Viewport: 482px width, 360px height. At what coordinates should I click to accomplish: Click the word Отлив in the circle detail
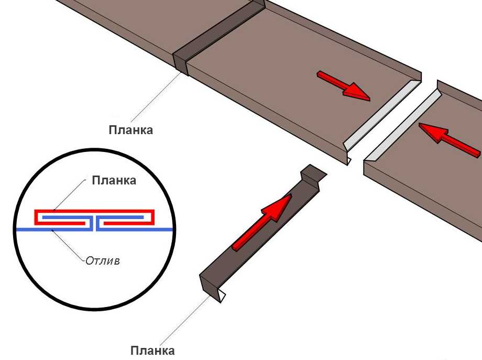point(102,261)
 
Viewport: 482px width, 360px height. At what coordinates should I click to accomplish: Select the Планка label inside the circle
point(114,180)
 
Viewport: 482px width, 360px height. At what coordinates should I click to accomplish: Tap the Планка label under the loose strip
point(152,351)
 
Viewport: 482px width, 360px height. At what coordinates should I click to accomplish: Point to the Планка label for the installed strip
point(130,130)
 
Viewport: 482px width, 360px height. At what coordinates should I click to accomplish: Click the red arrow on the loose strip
point(261,222)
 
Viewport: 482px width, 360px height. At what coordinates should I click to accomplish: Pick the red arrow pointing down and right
point(344,85)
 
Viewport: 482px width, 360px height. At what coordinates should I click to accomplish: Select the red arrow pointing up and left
point(449,140)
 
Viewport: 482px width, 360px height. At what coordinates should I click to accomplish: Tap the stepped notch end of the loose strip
point(313,176)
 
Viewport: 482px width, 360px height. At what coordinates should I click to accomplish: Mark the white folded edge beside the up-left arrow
point(403,126)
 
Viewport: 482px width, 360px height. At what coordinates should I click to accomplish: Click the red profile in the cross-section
point(94,212)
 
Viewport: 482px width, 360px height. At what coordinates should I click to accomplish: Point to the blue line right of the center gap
point(135,229)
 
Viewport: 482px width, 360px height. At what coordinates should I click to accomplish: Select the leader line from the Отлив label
point(68,245)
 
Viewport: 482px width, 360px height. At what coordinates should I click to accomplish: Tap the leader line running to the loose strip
point(185,320)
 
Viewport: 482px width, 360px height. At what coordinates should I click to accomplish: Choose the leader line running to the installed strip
point(156,96)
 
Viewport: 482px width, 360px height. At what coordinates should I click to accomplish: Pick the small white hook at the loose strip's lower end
point(223,297)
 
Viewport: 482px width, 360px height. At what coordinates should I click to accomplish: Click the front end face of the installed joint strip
point(180,63)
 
